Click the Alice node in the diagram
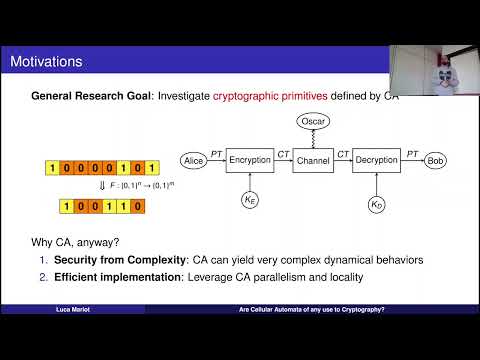point(193,160)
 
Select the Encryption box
point(250,160)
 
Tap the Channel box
point(312,160)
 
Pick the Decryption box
point(376,160)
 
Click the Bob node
point(435,160)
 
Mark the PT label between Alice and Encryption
point(215,153)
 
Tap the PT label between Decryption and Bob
point(411,153)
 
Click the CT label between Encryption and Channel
point(282,153)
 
